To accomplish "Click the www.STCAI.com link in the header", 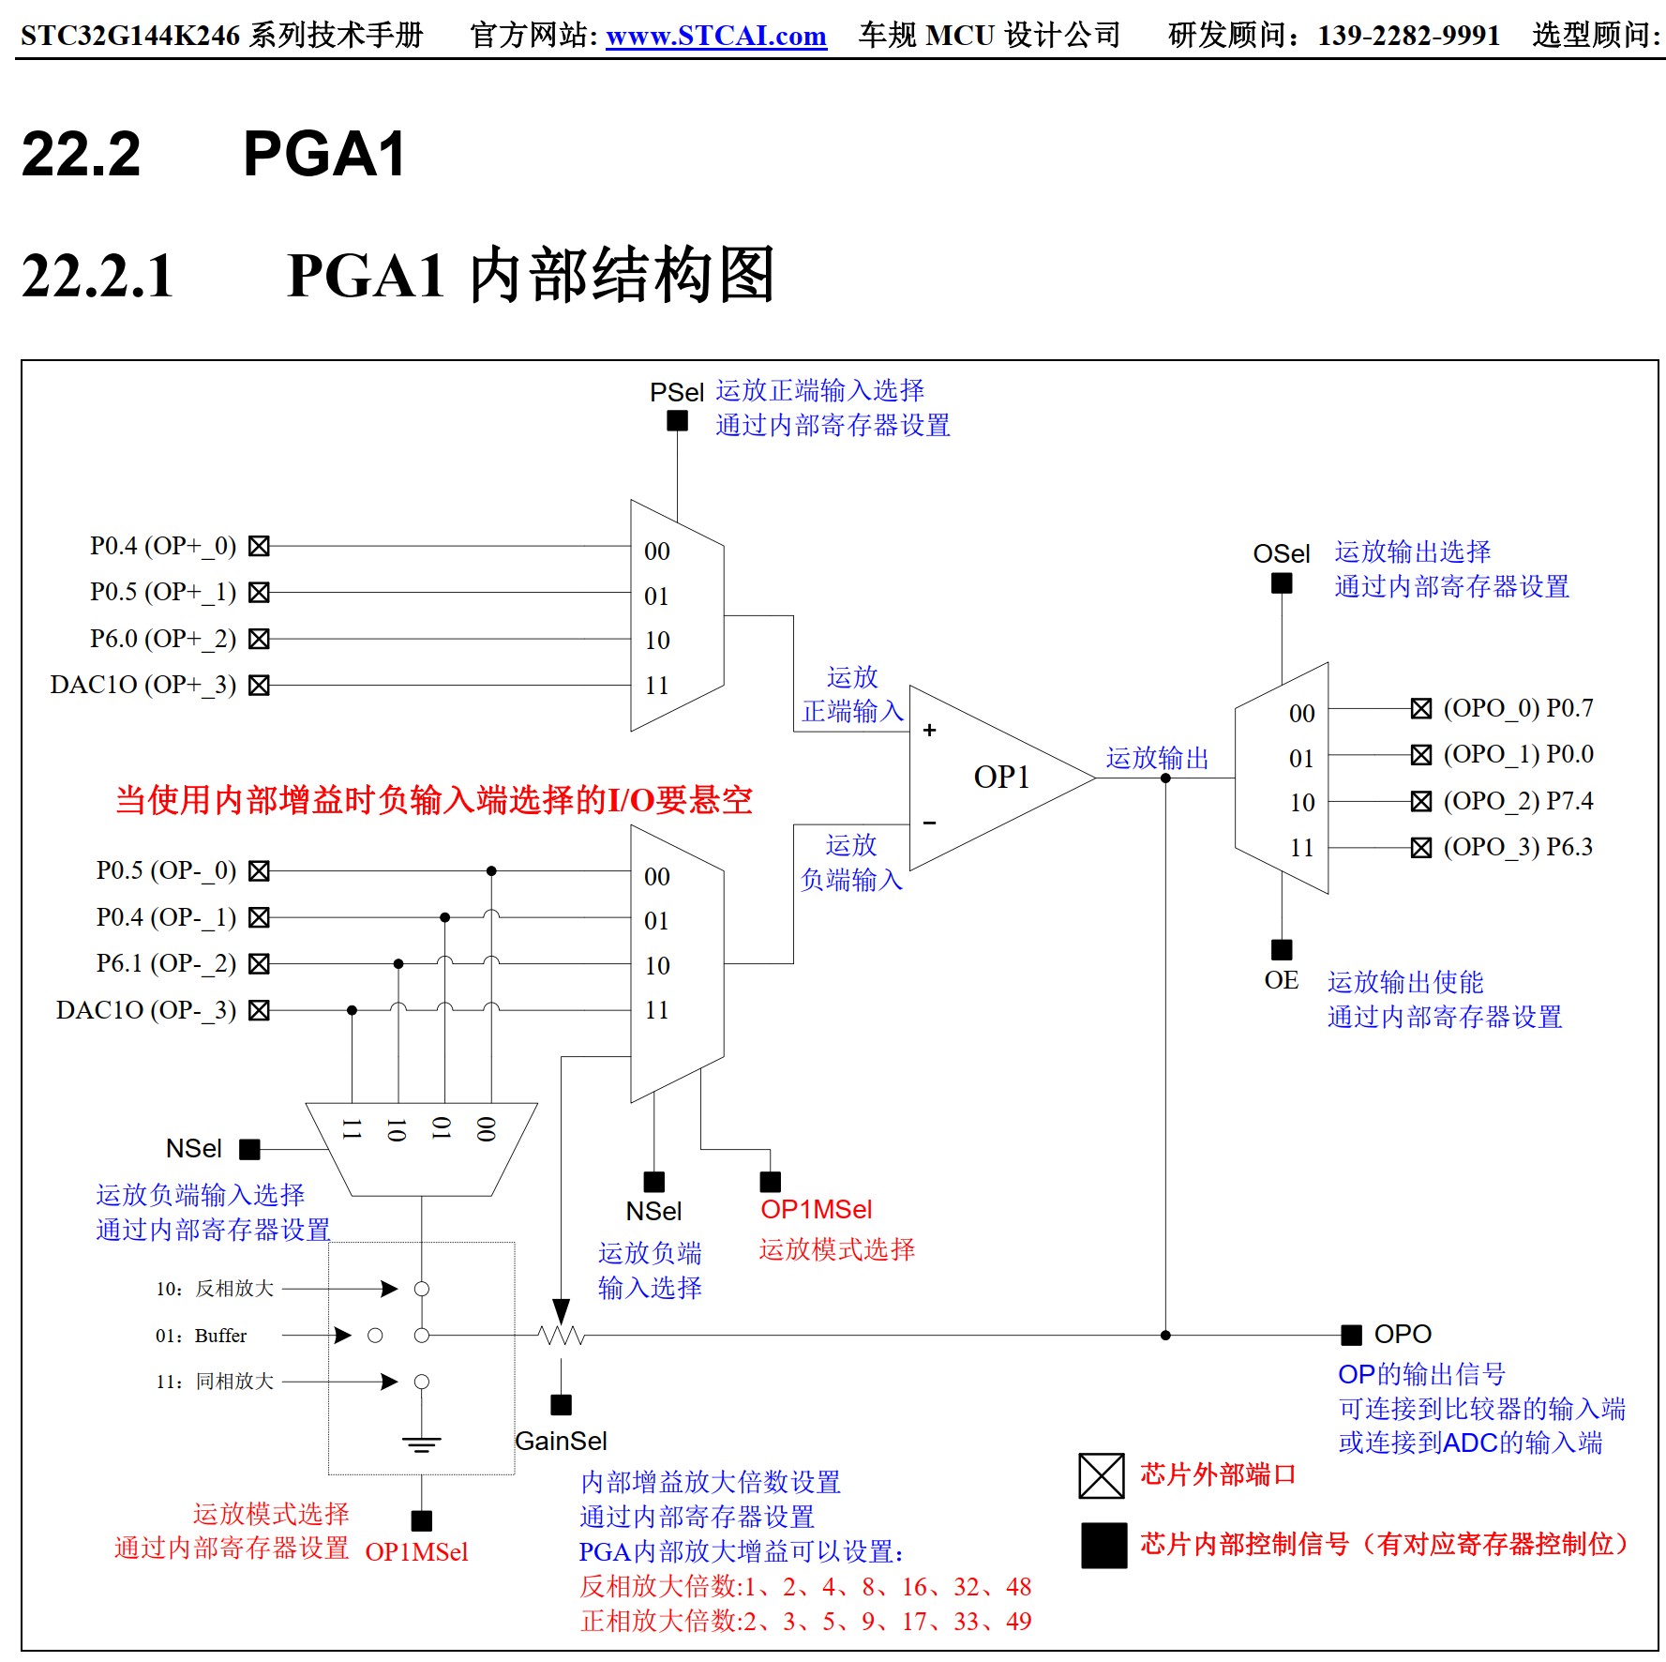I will [715, 36].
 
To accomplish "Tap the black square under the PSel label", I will [677, 421].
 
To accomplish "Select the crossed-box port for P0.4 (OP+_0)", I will [259, 546].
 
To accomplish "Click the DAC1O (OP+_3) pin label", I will [143, 685].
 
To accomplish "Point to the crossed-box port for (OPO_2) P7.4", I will [1421, 801].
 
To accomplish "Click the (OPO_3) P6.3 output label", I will [1518, 847].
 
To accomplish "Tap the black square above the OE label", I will [1282, 949].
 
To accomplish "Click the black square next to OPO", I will [1351, 1335].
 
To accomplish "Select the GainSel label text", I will [561, 1441].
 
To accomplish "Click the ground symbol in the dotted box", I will [421, 1443].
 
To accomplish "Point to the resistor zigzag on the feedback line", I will [561, 1335].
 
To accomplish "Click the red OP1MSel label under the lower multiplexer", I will [816, 1210].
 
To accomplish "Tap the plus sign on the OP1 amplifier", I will [929, 730].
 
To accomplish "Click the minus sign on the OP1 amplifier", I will [929, 823].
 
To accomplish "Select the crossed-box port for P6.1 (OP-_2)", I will [259, 963].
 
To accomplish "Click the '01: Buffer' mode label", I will [202, 1336].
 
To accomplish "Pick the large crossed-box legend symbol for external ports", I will [1101, 1475].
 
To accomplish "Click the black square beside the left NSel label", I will [249, 1149].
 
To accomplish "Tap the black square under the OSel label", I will [1282, 583].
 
